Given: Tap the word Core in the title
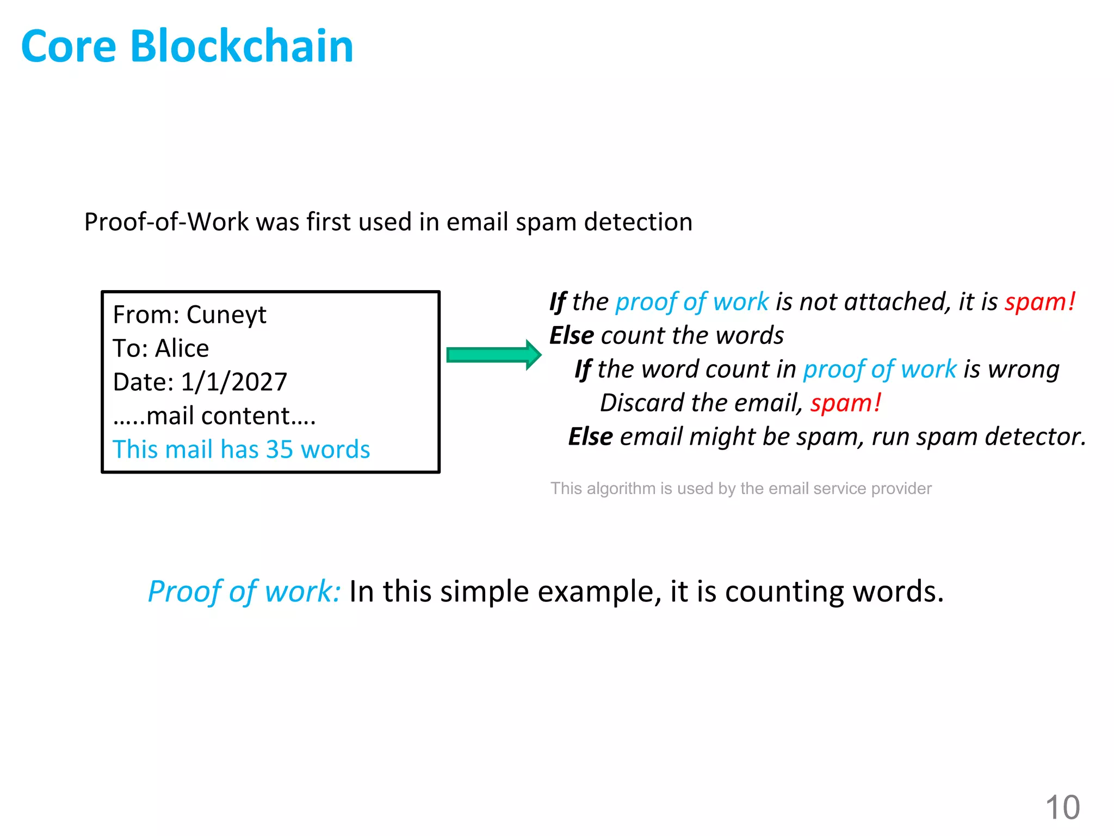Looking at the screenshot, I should tap(69, 47).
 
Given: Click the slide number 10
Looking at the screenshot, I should tap(1062, 807).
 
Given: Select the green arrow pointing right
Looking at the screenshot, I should tap(493, 355).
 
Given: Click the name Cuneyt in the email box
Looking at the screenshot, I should tap(226, 315).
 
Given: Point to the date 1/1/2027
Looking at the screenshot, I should tap(233, 383).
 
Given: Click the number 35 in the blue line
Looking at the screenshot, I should tap(280, 450).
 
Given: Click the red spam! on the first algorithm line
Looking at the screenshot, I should tap(1039, 302).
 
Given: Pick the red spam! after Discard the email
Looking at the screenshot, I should tap(845, 403).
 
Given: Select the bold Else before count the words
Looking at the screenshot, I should tap(571, 336).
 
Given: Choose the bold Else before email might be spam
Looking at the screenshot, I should tap(590, 437).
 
